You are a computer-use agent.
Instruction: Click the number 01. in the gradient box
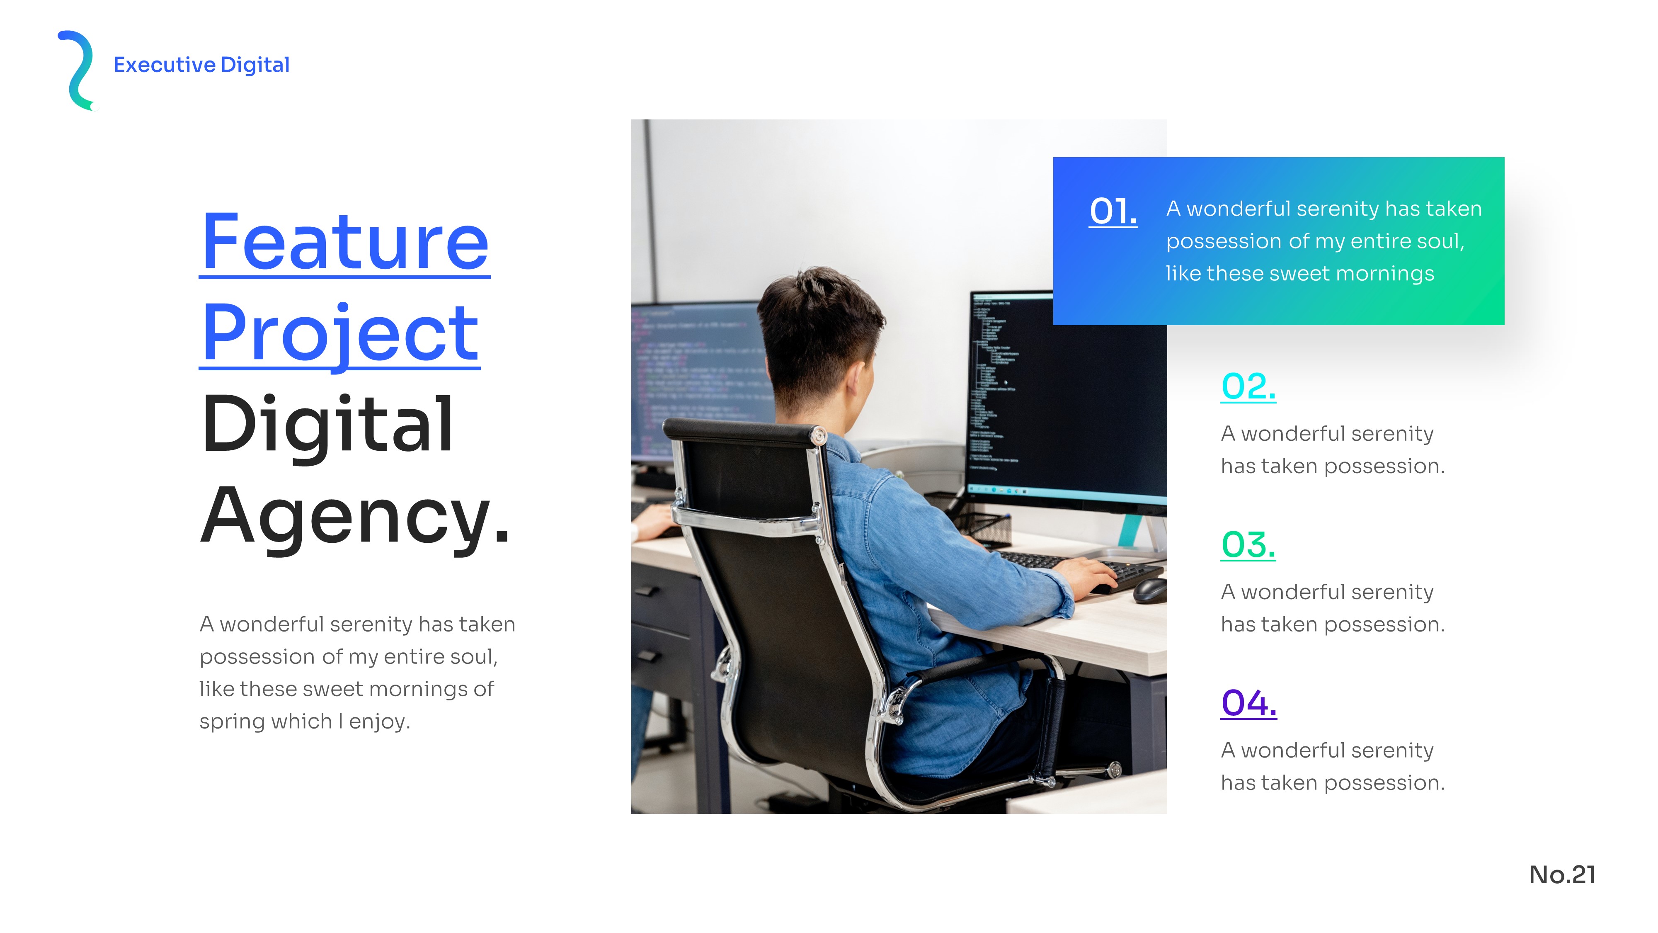(x=1113, y=211)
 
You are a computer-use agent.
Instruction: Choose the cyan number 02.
(x=1248, y=387)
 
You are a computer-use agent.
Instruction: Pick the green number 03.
(x=1248, y=545)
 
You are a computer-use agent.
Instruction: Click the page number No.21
(x=1562, y=875)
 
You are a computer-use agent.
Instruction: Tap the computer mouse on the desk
(x=1149, y=590)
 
